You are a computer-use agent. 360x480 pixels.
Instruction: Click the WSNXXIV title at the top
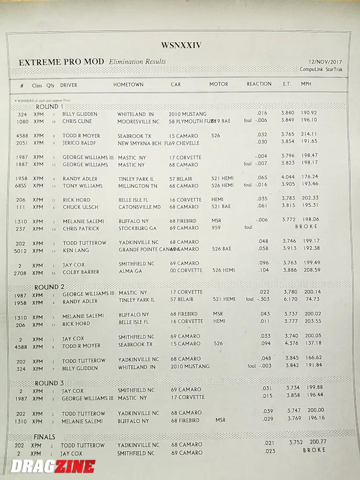(181, 46)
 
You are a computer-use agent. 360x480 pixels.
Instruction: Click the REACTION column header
(259, 84)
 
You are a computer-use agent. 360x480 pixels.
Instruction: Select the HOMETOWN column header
(128, 84)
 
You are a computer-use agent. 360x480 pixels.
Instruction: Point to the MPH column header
(306, 84)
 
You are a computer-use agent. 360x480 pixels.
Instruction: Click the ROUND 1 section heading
(47, 106)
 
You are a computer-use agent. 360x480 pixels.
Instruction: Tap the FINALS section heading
(44, 437)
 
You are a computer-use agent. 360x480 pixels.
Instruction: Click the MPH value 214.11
(309, 134)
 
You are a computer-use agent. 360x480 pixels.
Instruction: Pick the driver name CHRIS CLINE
(77, 121)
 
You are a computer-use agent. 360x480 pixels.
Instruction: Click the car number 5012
(21, 251)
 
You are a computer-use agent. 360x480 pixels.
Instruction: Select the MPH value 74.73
(312, 299)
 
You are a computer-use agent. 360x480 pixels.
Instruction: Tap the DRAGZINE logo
(52, 466)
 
